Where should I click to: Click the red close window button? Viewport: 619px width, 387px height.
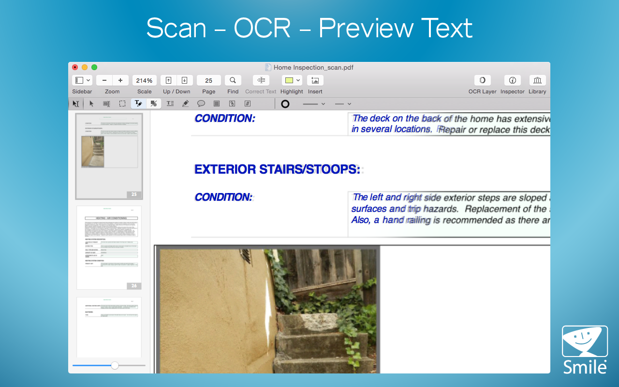point(75,67)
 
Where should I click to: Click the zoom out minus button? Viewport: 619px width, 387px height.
point(104,80)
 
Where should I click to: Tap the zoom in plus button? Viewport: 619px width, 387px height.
point(120,80)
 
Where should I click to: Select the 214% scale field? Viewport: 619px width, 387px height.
point(144,80)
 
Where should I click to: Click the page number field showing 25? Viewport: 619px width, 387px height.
point(208,80)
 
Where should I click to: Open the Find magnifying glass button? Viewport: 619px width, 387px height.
point(233,80)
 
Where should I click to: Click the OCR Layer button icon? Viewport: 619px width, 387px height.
point(482,80)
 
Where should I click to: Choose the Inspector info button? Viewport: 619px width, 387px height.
point(512,80)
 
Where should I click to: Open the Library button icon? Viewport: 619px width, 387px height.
point(537,80)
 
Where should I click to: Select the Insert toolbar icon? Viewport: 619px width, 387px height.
point(315,80)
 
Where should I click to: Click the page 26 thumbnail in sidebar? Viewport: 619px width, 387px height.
point(109,247)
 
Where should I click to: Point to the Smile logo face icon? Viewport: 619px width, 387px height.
point(584,342)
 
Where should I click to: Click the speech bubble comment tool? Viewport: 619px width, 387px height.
point(201,104)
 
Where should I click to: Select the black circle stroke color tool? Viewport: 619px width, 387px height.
point(285,104)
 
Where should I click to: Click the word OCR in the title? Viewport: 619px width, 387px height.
point(262,28)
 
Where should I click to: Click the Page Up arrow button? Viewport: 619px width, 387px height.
point(168,80)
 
